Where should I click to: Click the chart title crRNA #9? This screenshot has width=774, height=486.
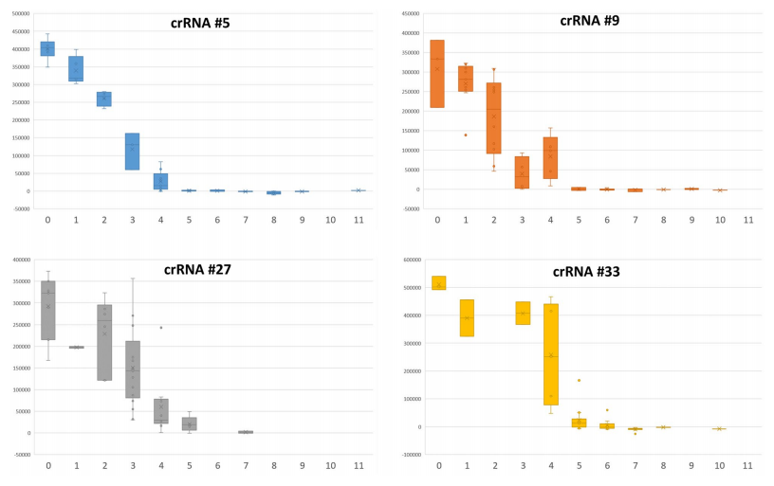(592, 19)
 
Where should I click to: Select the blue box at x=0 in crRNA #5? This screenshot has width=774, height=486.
(47, 48)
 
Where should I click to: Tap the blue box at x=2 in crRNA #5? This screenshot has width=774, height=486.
(103, 99)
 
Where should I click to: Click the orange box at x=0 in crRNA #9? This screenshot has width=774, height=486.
(437, 74)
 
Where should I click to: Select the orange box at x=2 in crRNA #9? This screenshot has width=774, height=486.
(494, 118)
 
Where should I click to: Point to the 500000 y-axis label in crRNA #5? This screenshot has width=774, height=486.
(17, 14)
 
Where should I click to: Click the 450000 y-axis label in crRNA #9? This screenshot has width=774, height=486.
(408, 14)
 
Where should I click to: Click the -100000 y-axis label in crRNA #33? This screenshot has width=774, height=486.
(407, 455)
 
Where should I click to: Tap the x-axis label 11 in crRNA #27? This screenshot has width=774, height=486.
(359, 466)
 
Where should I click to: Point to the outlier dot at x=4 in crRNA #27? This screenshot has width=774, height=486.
(161, 328)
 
